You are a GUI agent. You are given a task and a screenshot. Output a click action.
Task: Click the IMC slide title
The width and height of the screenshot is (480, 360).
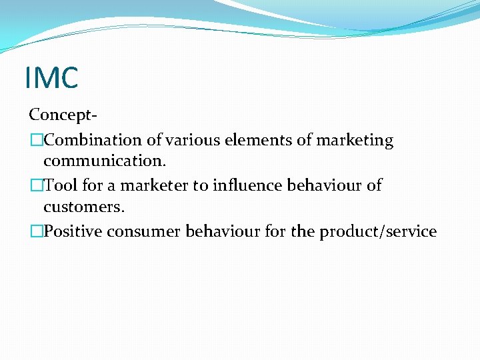pos(51,77)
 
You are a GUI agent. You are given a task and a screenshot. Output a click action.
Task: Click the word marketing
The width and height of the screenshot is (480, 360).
pos(355,141)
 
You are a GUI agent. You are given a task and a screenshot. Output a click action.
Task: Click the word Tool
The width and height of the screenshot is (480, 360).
pos(60,185)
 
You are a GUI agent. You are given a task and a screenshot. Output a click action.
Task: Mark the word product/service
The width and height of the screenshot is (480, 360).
pos(378,231)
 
